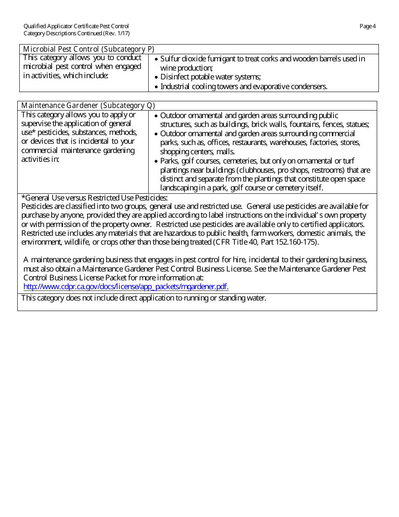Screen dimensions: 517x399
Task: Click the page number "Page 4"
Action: pyautogui.click(x=367, y=26)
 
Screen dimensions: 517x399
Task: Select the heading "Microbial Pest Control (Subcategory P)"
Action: pyautogui.click(x=89, y=49)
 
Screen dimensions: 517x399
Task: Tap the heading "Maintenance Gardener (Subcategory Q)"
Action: pyautogui.click(x=88, y=106)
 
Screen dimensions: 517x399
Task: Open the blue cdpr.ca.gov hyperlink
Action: pyautogui.click(x=126, y=287)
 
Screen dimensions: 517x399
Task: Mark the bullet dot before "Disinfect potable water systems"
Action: pyautogui.click(x=156, y=77)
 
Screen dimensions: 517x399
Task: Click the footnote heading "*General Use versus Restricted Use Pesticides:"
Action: pyautogui.click(x=94, y=198)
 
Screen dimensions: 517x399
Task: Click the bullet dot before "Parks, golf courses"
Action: pyautogui.click(x=156, y=161)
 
